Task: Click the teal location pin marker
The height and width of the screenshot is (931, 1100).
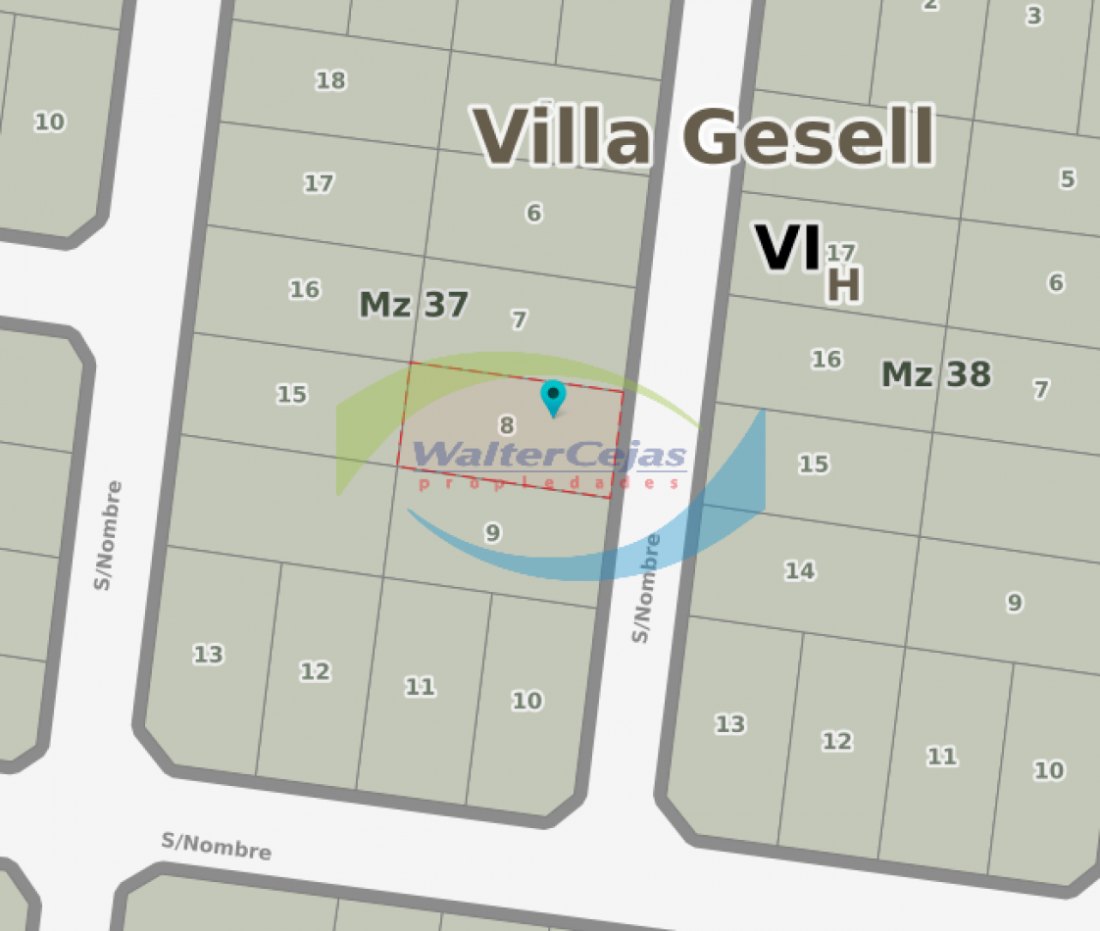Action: coord(554,396)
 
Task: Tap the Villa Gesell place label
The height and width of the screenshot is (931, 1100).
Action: coord(704,136)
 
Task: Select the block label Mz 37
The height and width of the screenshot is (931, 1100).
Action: coord(414,305)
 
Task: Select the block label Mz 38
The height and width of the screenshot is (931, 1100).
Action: coord(936,374)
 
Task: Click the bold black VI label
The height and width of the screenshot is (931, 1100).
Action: coord(786,248)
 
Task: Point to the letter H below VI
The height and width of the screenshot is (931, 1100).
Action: coord(844,285)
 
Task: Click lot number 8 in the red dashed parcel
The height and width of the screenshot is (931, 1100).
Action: coord(507,425)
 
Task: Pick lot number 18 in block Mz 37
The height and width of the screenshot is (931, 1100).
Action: coord(330,80)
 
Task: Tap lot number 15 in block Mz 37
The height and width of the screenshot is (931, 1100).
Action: coord(291,394)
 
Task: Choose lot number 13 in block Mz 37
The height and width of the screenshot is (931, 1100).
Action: coord(208,654)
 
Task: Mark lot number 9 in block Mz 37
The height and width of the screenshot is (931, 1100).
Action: coord(493,532)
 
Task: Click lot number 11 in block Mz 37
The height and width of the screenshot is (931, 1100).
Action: coord(420,687)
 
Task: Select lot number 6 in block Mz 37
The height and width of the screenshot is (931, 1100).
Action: coord(533,213)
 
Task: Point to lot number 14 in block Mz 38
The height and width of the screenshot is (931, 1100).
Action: coord(799,570)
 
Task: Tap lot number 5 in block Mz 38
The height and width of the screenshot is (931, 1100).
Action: coord(1067,179)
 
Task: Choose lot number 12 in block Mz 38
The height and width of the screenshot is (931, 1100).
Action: coord(836,741)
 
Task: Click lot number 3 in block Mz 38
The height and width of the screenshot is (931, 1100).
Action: coord(1034,16)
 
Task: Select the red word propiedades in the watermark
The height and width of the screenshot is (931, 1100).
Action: coord(549,483)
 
